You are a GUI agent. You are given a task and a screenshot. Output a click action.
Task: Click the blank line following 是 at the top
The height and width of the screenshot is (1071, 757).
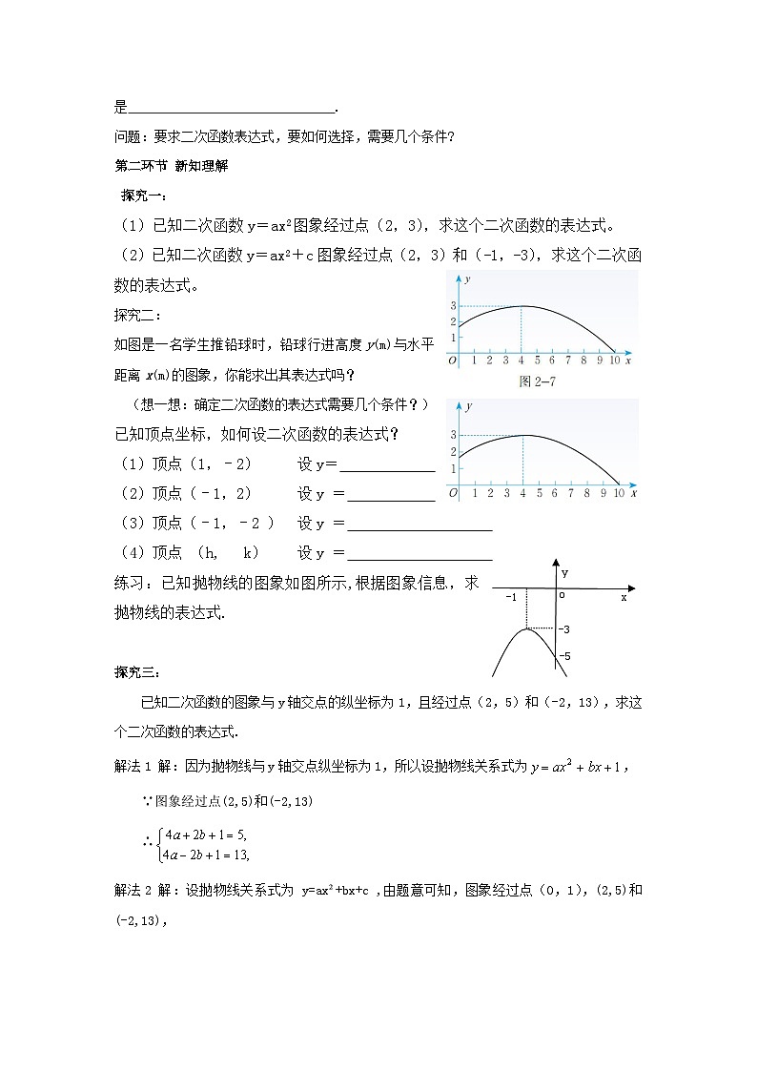pos(232,108)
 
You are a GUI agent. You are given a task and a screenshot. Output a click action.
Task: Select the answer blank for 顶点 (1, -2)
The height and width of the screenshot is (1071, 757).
pos(387,464)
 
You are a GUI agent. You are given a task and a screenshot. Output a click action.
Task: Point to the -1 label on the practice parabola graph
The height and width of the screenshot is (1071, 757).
pos(511,596)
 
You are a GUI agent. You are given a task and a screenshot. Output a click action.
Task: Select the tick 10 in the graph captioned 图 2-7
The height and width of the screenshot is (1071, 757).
pos(615,361)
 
